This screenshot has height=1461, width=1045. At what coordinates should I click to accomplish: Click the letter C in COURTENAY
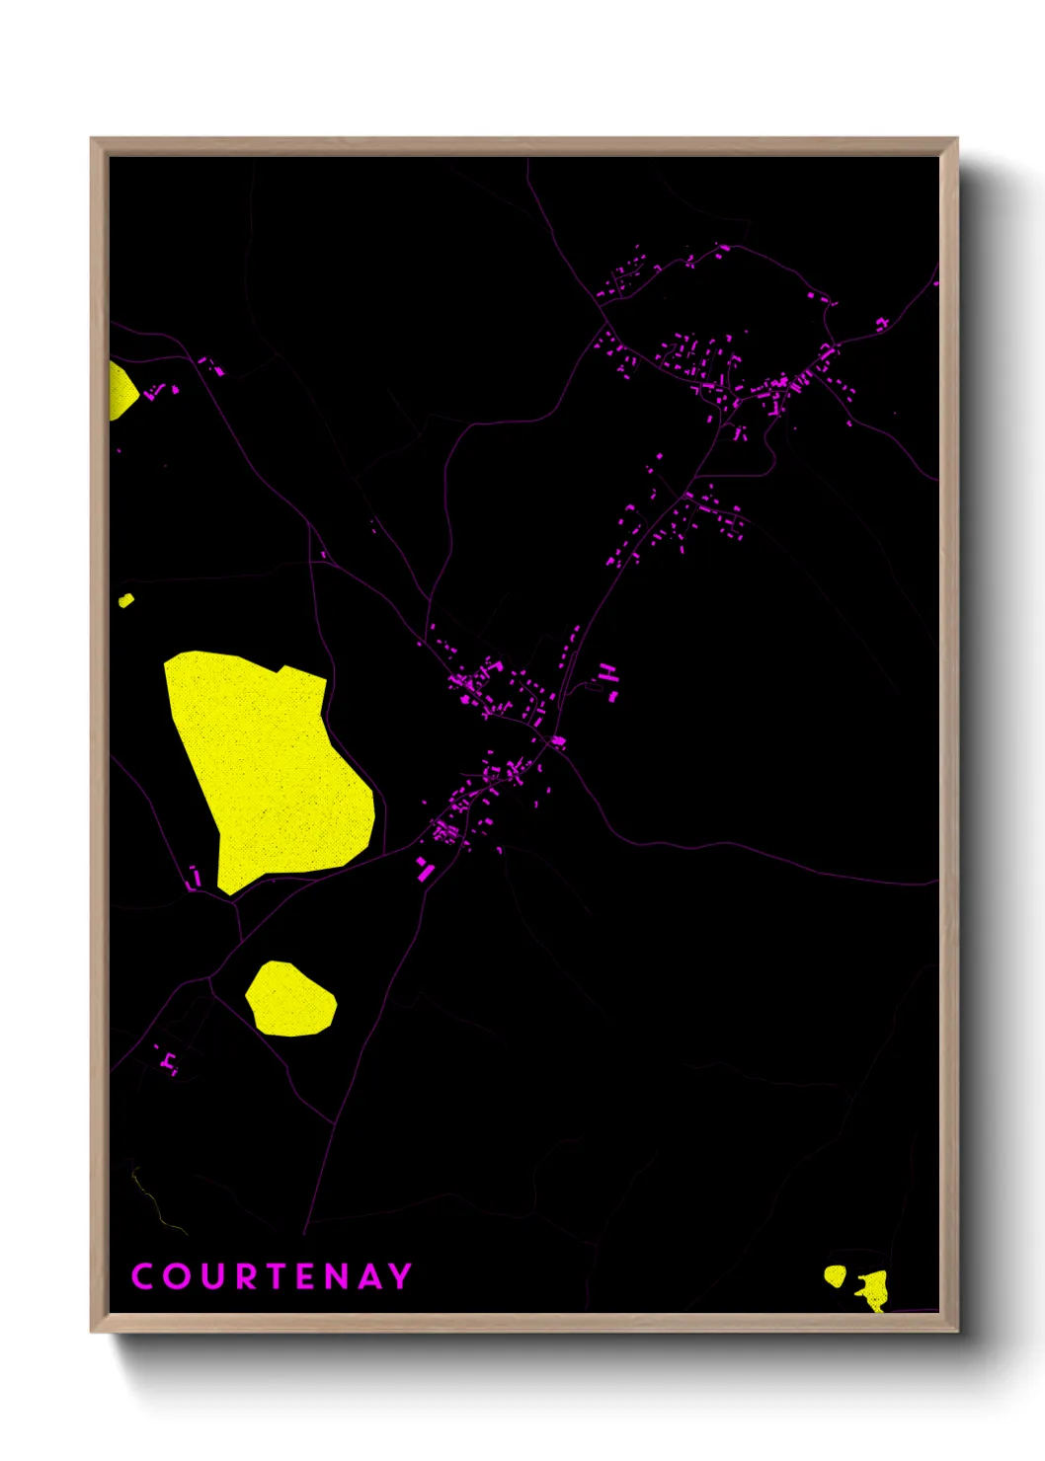coord(142,1276)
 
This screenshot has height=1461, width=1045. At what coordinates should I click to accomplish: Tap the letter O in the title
coord(177,1276)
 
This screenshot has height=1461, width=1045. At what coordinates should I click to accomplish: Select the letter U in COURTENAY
coord(212,1276)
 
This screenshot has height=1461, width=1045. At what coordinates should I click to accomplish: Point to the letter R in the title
coord(246,1276)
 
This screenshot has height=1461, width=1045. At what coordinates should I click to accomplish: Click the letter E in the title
coord(306,1276)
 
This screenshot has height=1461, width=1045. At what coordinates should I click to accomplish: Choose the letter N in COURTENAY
coord(337,1276)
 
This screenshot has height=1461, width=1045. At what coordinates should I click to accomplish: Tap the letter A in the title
coord(369,1276)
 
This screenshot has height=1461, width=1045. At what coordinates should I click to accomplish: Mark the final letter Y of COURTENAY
coord(400,1276)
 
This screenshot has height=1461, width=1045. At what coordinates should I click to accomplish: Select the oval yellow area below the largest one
coord(290,999)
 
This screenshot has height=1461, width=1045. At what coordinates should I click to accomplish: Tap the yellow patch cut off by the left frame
coord(121,391)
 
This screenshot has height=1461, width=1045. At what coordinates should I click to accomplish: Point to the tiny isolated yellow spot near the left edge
coord(125,599)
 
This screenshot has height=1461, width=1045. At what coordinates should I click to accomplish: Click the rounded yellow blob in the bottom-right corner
coord(836,1275)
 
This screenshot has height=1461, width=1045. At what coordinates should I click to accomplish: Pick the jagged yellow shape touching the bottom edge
coord(874,1290)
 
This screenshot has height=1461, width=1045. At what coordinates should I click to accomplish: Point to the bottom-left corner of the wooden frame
coord(93,1330)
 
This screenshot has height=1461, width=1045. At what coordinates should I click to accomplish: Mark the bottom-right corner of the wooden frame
coord(955,1330)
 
